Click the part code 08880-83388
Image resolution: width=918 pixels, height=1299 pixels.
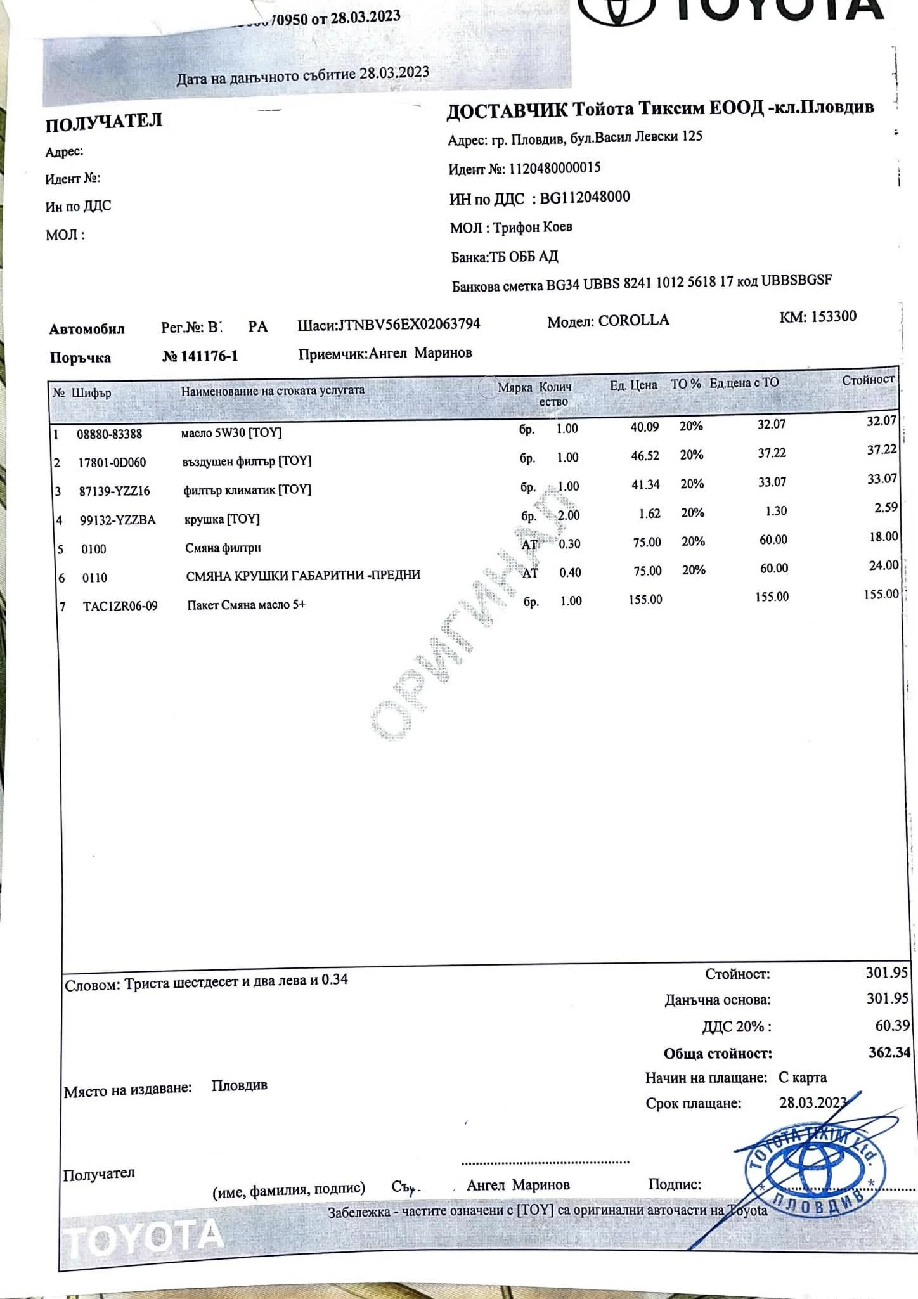(x=109, y=434)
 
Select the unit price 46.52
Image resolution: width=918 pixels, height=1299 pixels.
(x=645, y=456)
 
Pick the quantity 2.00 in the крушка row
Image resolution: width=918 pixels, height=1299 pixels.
(x=569, y=515)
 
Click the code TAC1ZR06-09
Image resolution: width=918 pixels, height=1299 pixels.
(x=120, y=606)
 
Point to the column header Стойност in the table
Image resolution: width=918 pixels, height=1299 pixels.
(x=867, y=380)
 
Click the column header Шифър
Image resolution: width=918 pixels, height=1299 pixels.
(x=91, y=392)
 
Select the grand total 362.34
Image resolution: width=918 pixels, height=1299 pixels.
(x=889, y=1052)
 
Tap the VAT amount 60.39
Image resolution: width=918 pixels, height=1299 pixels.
(x=892, y=1025)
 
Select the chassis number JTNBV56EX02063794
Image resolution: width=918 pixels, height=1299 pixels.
(x=409, y=325)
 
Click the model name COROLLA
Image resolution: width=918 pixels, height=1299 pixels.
(x=633, y=320)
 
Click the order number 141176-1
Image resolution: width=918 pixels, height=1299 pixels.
(x=209, y=356)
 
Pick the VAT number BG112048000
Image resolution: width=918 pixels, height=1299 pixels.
(x=585, y=197)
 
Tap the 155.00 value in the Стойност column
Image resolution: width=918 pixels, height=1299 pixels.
(x=881, y=594)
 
